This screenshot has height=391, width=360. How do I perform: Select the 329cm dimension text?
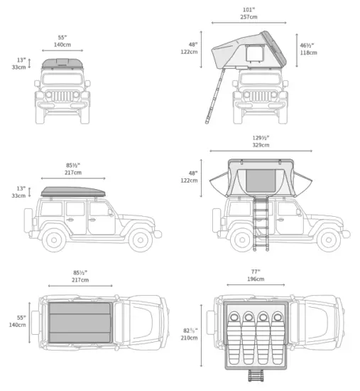[261, 145]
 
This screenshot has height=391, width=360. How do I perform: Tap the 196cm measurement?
[255, 279]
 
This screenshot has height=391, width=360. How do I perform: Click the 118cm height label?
[307, 52]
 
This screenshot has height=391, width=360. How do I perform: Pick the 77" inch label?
[255, 271]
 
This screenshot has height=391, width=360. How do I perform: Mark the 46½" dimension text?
[307, 45]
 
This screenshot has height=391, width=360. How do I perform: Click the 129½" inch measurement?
[261, 137]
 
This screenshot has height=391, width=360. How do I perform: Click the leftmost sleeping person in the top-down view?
[233, 333]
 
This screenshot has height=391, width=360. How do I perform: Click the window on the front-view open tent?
[253, 54]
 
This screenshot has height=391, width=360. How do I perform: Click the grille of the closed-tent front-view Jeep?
[63, 95]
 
